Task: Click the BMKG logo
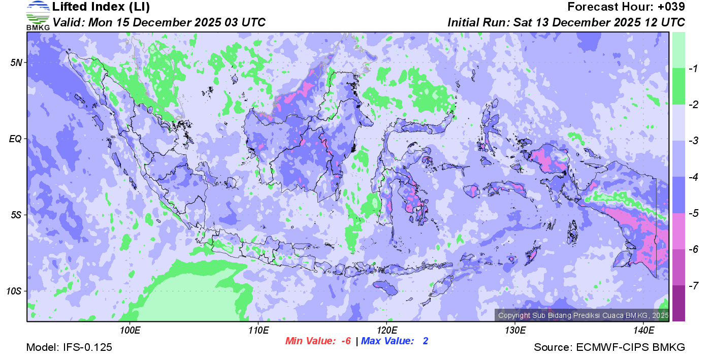[38, 16]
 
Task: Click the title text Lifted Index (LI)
[101, 7]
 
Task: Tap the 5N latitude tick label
[16, 62]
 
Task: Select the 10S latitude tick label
[14, 291]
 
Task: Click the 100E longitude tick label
[130, 331]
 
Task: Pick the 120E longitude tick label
[386, 331]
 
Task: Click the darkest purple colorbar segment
[678, 303]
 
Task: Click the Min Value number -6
[345, 341]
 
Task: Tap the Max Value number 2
[425, 341]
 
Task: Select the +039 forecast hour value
[671, 7]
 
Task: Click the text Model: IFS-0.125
[69, 347]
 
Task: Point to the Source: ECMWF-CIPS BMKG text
[609, 347]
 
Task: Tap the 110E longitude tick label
[258, 331]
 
